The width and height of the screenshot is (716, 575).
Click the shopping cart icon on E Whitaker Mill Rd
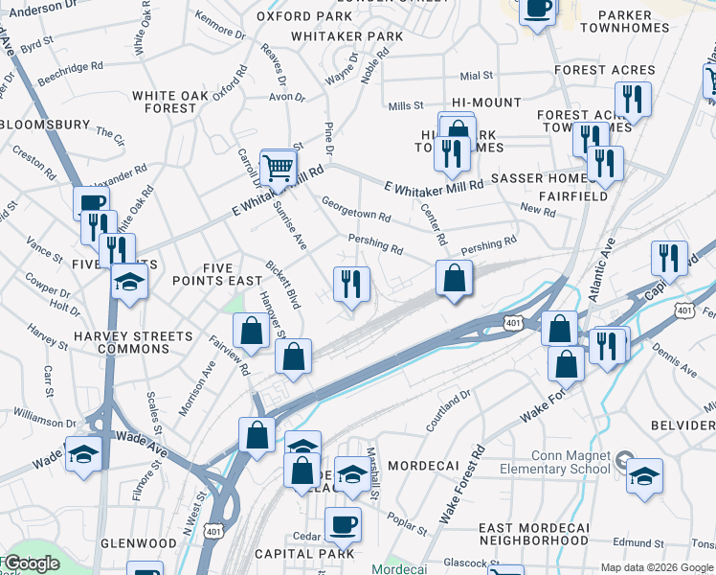coord(278,168)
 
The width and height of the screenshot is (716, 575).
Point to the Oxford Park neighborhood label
coord(304,16)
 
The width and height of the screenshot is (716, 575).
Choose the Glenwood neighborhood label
coord(138,542)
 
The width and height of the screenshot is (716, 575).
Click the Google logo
coord(31,564)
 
